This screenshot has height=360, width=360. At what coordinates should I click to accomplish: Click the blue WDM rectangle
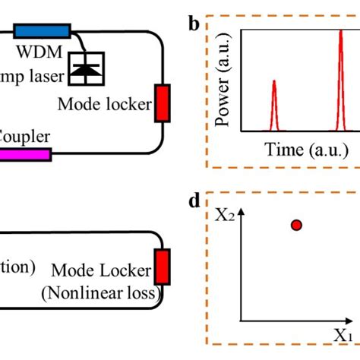43,31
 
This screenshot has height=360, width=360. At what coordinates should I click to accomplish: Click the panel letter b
194,24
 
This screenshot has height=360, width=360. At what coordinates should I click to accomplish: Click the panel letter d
194,201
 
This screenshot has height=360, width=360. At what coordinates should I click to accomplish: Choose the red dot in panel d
296,225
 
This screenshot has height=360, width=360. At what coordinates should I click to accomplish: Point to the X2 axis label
223,216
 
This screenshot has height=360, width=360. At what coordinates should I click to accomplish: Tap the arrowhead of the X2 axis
242,217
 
